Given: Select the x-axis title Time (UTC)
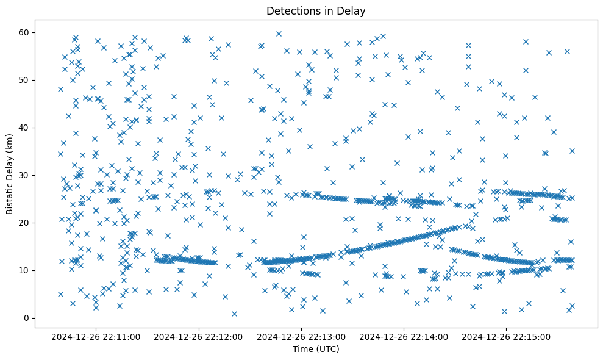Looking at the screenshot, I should [316, 349].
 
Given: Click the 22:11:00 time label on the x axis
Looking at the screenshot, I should [96, 336].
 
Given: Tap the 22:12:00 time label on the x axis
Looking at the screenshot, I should [199, 336].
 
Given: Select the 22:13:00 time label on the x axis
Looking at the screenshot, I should [301, 336].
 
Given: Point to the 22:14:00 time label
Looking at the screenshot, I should [404, 336].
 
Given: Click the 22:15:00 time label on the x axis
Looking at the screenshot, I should [506, 336].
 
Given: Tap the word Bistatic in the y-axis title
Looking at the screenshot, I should [10, 196].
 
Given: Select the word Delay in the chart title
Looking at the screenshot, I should [352, 10].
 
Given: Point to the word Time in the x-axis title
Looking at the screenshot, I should [304, 349].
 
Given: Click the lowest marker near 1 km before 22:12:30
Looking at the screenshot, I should [234, 314].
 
